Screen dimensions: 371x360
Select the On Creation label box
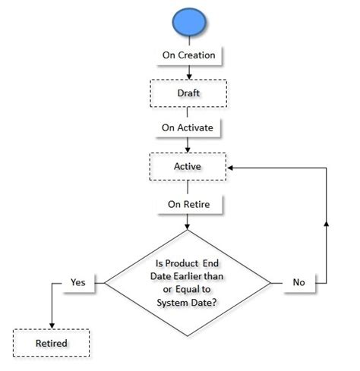coord(188,55)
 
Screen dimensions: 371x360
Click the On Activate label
coord(188,127)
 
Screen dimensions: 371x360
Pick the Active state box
coord(188,165)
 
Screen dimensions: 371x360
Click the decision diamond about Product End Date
coord(188,281)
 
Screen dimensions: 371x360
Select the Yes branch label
coord(78,281)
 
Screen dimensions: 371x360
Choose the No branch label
coord(299,281)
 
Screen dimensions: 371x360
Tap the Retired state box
coord(52,343)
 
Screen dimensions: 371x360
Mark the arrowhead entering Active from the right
coord(231,165)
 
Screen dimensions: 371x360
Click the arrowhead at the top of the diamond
coord(188,227)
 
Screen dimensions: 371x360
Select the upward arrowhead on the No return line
coord(327,222)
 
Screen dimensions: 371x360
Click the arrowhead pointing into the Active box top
coord(188,149)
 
